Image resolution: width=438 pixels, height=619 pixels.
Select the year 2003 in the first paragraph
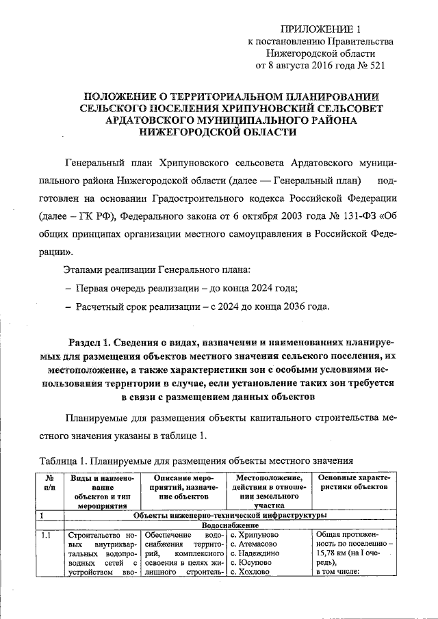click(x=273, y=217)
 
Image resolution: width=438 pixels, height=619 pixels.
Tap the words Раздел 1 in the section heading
click(x=90, y=341)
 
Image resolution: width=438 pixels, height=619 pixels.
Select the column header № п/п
click(x=50, y=484)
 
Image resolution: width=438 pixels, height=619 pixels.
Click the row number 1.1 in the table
click(x=46, y=535)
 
